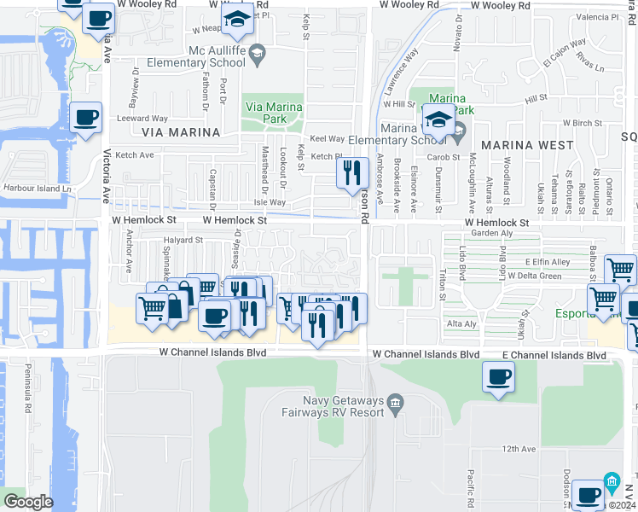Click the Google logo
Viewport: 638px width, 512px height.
click(28, 501)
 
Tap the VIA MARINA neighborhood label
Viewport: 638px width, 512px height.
click(175, 132)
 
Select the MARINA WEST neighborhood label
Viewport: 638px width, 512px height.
click(527, 145)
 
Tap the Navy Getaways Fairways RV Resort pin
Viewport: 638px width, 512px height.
click(395, 401)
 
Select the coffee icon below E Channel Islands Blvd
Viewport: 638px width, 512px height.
click(499, 376)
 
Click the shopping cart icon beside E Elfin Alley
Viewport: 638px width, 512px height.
click(621, 270)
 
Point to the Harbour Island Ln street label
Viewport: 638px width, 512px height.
click(37, 188)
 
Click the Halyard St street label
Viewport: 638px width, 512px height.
click(183, 240)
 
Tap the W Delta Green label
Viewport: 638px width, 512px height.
click(534, 276)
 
